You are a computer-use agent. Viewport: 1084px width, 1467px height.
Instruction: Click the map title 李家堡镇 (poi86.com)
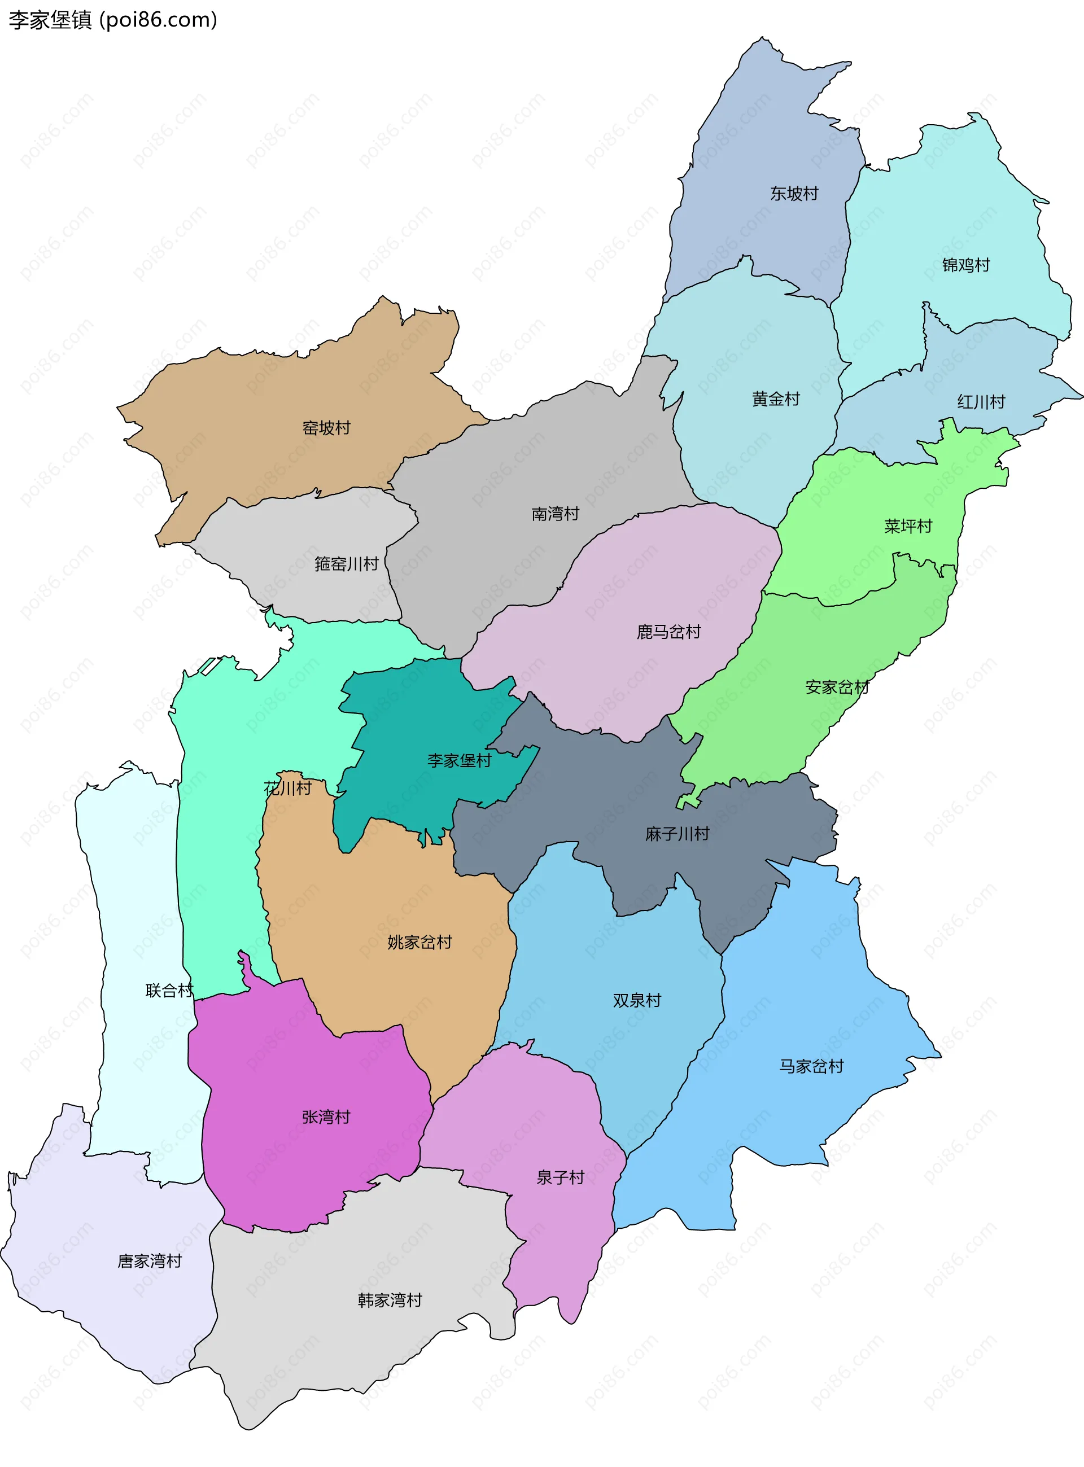click(x=112, y=20)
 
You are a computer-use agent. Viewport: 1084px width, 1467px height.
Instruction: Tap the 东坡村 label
click(x=794, y=194)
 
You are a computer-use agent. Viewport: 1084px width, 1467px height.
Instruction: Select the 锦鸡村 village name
click(x=966, y=265)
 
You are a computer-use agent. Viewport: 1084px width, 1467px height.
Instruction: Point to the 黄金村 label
click(x=776, y=399)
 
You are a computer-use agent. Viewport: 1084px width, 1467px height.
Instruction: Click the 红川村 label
click(x=981, y=401)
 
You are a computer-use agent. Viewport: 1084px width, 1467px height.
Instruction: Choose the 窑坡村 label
click(x=326, y=428)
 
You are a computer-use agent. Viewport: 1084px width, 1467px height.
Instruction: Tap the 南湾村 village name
click(x=555, y=514)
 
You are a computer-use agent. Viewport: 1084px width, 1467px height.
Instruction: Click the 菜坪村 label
click(x=907, y=526)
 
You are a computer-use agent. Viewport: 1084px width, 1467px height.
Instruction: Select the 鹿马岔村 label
click(x=668, y=632)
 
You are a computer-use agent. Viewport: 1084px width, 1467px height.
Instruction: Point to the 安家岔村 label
click(x=837, y=687)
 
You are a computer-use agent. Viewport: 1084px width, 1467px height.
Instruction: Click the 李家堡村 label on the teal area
click(x=458, y=760)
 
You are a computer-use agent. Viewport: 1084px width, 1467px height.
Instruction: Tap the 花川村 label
click(x=287, y=788)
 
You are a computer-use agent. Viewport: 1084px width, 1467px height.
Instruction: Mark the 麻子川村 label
click(x=677, y=834)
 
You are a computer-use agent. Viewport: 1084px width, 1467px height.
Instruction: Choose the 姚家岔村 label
click(x=419, y=942)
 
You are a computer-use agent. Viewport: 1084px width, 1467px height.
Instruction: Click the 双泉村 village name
click(x=636, y=1001)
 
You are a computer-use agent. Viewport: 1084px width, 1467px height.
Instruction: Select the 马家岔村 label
click(x=811, y=1066)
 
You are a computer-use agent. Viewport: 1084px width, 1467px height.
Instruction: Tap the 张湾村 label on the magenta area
click(x=326, y=1116)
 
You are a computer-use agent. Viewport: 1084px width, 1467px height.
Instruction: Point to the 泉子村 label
click(x=560, y=1177)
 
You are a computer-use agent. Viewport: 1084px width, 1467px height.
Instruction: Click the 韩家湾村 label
click(x=390, y=1300)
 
